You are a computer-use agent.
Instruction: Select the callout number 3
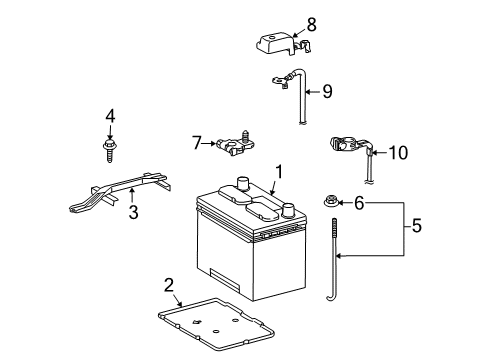(132, 211)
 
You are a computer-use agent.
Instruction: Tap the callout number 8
(311, 22)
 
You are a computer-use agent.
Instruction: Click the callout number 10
(398, 152)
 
